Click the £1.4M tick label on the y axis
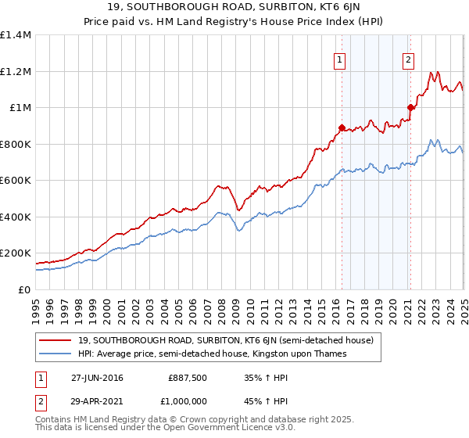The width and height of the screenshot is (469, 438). coord(16,35)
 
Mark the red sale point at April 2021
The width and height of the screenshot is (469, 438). coord(410,108)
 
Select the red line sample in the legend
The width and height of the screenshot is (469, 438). coord(55,340)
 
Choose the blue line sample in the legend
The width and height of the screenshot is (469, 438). coord(55,354)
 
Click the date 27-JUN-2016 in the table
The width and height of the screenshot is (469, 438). coord(97,378)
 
